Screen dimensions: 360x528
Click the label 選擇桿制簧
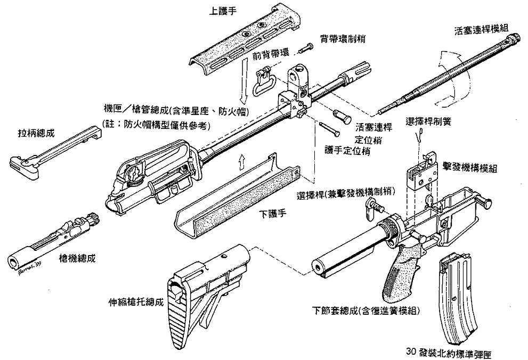428,121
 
